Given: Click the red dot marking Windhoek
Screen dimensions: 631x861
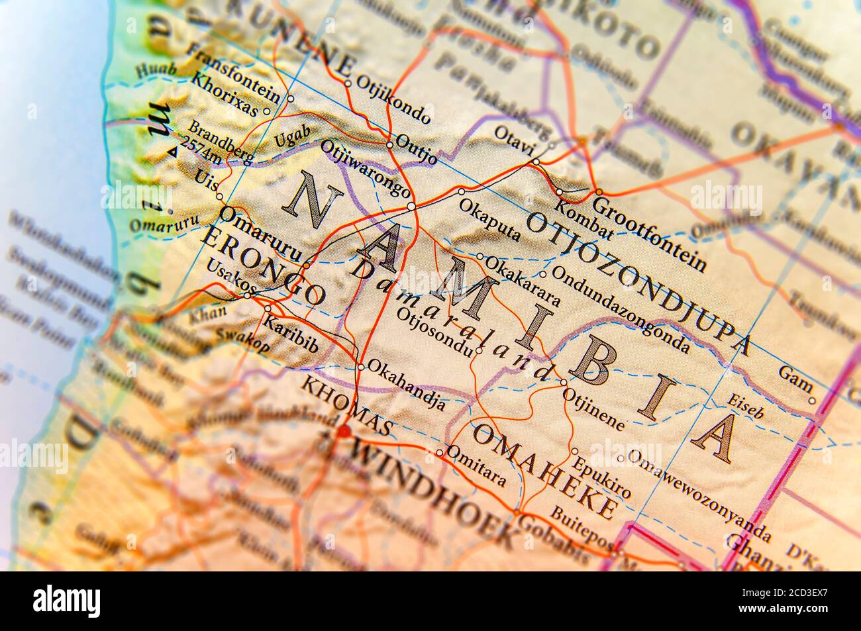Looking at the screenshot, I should click(x=344, y=432).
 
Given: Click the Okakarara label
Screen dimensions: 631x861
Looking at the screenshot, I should click(x=523, y=281).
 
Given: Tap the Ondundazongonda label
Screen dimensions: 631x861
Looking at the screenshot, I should click(x=620, y=308).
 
